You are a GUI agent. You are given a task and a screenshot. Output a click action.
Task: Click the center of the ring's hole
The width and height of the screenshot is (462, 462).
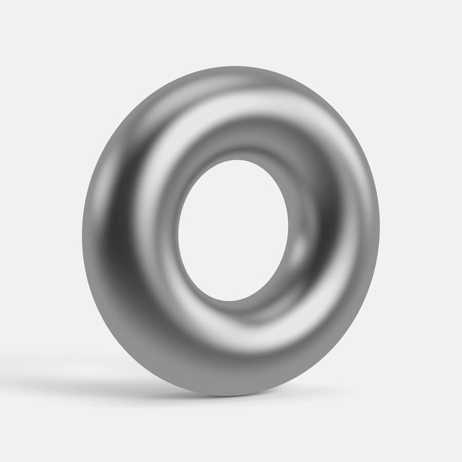tap(233, 230)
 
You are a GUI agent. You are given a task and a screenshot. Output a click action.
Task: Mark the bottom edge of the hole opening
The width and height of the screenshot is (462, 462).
tap(226, 301)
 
